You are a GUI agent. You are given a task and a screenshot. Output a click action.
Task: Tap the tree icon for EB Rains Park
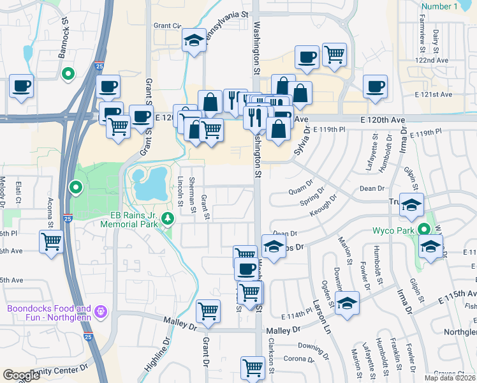(168, 219)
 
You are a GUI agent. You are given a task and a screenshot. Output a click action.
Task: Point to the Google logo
(22, 375)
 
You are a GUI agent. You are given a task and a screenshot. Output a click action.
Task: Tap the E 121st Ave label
(437, 94)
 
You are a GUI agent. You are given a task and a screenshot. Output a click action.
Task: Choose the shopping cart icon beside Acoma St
(51, 241)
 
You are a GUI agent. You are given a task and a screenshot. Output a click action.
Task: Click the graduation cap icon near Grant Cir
(191, 41)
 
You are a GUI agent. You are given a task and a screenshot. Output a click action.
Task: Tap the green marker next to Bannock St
(67, 75)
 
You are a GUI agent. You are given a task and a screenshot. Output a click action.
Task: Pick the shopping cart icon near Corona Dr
(253, 368)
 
